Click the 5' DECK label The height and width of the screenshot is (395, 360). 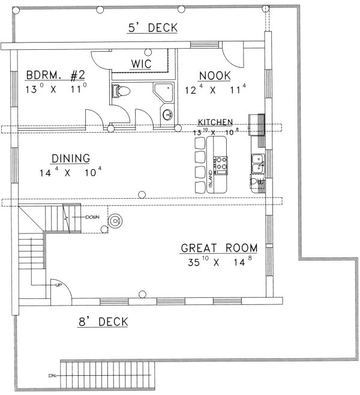[153, 28]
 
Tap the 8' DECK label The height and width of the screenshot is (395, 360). [103, 322]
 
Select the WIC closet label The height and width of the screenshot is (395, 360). [141, 64]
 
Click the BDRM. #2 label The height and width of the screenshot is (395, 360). [55, 75]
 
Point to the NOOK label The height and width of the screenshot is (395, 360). [215, 76]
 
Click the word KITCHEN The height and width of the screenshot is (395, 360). [215, 122]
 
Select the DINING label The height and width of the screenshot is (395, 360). [71, 158]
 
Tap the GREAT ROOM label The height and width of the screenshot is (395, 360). [219, 248]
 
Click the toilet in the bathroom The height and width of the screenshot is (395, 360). [121, 91]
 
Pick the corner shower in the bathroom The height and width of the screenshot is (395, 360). [164, 92]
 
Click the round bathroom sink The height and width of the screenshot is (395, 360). [168, 115]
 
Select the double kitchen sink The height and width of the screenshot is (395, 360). [258, 163]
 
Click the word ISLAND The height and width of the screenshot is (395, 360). [211, 179]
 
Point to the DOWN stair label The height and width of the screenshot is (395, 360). [92, 217]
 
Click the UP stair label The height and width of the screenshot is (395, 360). [58, 285]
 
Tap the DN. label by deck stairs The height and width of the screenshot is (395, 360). [52, 376]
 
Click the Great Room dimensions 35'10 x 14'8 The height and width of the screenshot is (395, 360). [220, 262]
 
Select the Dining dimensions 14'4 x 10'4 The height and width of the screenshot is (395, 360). [70, 172]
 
